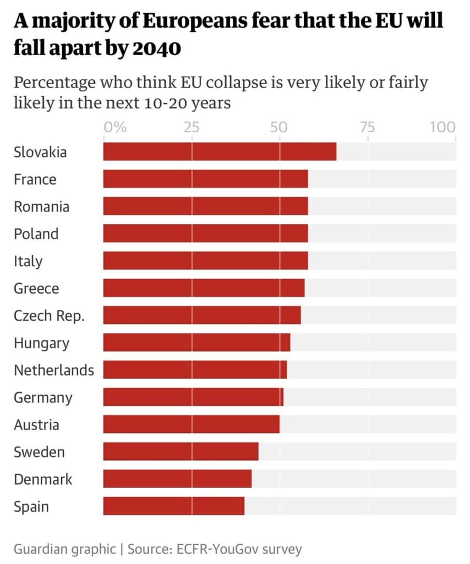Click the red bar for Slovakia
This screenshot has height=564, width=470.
[x=220, y=151]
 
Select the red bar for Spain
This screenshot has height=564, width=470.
[x=174, y=506]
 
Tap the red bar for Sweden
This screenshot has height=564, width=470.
[x=181, y=452]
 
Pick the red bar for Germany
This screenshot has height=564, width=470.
[x=193, y=397]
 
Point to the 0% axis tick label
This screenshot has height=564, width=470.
[x=115, y=127]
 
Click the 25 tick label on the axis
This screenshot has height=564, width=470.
[x=191, y=127]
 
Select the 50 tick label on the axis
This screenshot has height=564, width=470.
[x=279, y=127]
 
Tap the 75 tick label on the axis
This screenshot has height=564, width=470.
[x=367, y=127]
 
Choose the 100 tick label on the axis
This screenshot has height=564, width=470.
[x=443, y=127]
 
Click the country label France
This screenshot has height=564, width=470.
[x=35, y=180]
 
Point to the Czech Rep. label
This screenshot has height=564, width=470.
[x=50, y=316]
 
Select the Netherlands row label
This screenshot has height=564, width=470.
[x=54, y=370]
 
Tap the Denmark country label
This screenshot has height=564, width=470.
[x=43, y=479]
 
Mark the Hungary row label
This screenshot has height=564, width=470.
[x=42, y=343]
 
